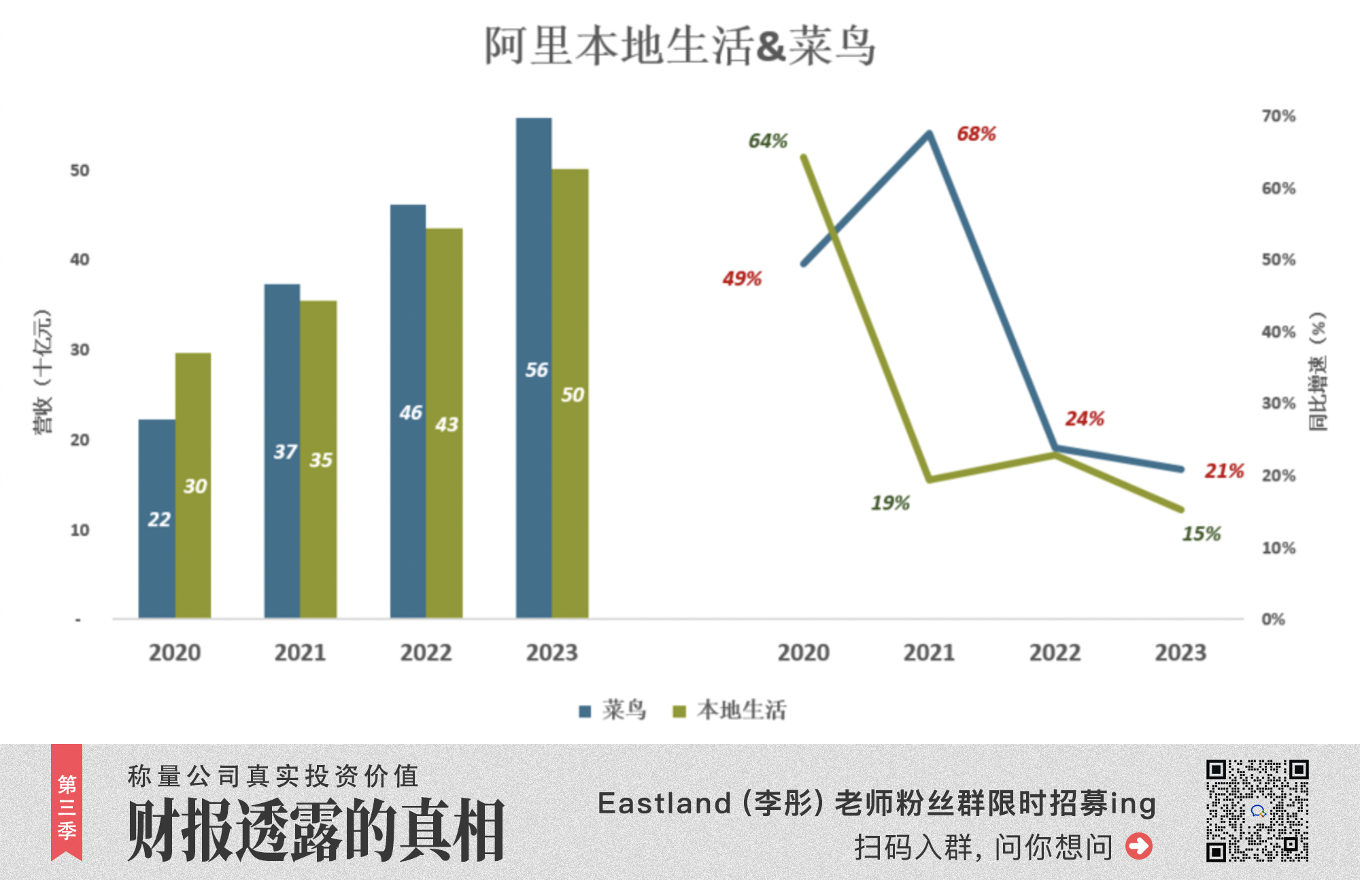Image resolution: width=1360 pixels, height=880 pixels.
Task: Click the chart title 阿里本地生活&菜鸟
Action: point(680,46)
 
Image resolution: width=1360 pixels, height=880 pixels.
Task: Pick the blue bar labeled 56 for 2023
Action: point(534,367)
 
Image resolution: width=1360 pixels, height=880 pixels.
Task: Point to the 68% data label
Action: point(976,134)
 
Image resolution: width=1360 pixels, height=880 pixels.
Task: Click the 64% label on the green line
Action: point(768,141)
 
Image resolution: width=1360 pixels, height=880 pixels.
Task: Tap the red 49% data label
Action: point(742,279)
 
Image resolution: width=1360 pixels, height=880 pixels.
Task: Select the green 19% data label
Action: point(890,503)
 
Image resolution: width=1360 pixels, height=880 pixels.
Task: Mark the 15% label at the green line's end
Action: point(1201,534)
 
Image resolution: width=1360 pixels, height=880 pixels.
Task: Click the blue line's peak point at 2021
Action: point(929,133)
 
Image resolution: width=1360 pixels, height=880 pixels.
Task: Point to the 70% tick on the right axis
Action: point(1278,116)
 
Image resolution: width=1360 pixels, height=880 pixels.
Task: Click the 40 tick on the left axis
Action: point(80,260)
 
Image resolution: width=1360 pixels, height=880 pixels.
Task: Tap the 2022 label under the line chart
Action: point(1055,653)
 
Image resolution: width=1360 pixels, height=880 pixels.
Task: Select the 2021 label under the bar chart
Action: point(300,653)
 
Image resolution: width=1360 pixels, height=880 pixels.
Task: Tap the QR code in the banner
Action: point(1257,810)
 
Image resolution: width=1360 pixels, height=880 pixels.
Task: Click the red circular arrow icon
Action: point(1139,846)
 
